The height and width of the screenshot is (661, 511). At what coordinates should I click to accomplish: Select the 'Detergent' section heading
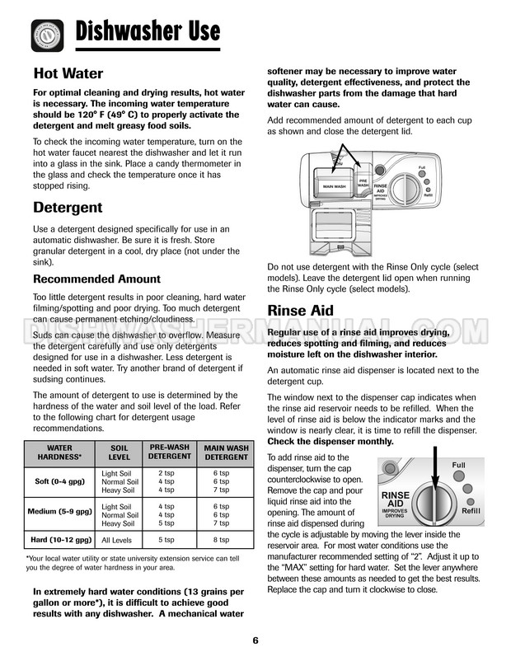tap(68, 207)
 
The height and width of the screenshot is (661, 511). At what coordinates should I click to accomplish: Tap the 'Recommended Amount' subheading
tap(96, 279)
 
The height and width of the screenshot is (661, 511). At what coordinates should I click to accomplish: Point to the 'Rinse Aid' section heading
tap(300, 311)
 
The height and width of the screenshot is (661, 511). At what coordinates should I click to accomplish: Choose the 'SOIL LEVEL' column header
tap(120, 452)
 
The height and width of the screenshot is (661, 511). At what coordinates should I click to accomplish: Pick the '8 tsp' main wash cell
tap(221, 540)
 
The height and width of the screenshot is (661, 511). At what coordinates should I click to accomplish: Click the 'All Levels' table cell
tap(118, 540)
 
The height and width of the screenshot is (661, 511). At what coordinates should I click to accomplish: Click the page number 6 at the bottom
tap(255, 640)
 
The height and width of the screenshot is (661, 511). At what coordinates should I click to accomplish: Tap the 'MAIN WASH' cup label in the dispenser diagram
tap(333, 186)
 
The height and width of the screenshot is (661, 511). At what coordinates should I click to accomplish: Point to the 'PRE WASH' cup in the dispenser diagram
tap(363, 184)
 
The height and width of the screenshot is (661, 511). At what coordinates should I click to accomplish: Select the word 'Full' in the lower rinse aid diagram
tap(458, 466)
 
